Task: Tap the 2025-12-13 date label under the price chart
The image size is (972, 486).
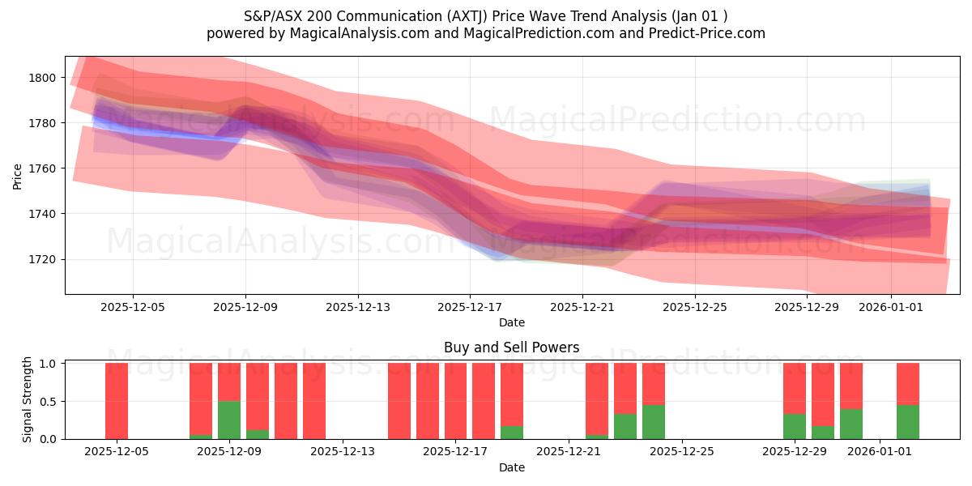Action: coord(358,307)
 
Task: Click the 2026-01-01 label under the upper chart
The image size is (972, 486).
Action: coord(891,307)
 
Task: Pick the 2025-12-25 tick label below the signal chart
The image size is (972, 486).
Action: coord(682,451)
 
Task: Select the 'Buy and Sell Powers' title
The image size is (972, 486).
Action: coord(511,347)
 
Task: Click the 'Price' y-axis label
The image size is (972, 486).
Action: coord(18,176)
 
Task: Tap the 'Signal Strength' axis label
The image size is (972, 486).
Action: coord(28,400)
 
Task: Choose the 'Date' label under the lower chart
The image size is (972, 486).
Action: coord(511,467)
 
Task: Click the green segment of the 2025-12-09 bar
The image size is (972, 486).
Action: coord(229,420)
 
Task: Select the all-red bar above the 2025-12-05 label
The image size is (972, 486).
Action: coord(117,401)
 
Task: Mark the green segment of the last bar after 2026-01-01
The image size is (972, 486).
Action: coord(907,422)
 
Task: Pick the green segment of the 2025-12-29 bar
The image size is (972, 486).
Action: coord(795,426)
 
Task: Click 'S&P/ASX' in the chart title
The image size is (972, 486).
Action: coord(271,16)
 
